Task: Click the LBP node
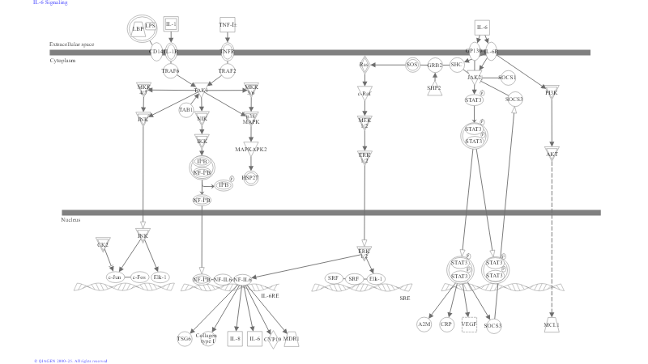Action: (139, 28)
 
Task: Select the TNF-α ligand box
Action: (228, 25)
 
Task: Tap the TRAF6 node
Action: (170, 71)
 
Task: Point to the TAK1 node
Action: (200, 91)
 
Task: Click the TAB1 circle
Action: (185, 109)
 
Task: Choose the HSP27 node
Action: (249, 177)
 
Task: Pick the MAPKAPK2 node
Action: (251, 149)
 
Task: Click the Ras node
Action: (364, 64)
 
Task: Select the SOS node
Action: (412, 64)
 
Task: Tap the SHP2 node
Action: (434, 88)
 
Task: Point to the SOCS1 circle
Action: (508, 78)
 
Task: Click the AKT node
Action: (552, 154)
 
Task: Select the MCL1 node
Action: (552, 325)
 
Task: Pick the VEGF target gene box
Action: (469, 324)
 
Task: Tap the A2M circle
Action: (424, 324)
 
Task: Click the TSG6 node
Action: (184, 339)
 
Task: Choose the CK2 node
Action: (103, 243)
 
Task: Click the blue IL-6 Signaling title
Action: (50, 3)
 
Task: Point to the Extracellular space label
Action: (71, 44)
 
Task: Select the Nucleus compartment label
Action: (70, 220)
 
